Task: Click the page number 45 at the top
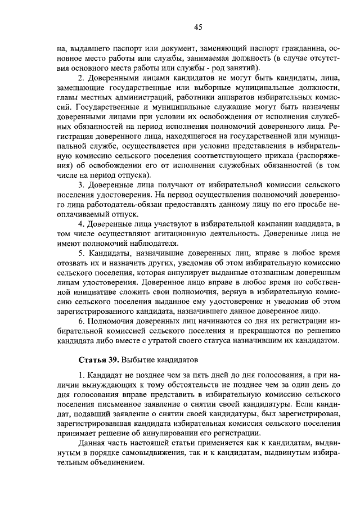click(x=197, y=26)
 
